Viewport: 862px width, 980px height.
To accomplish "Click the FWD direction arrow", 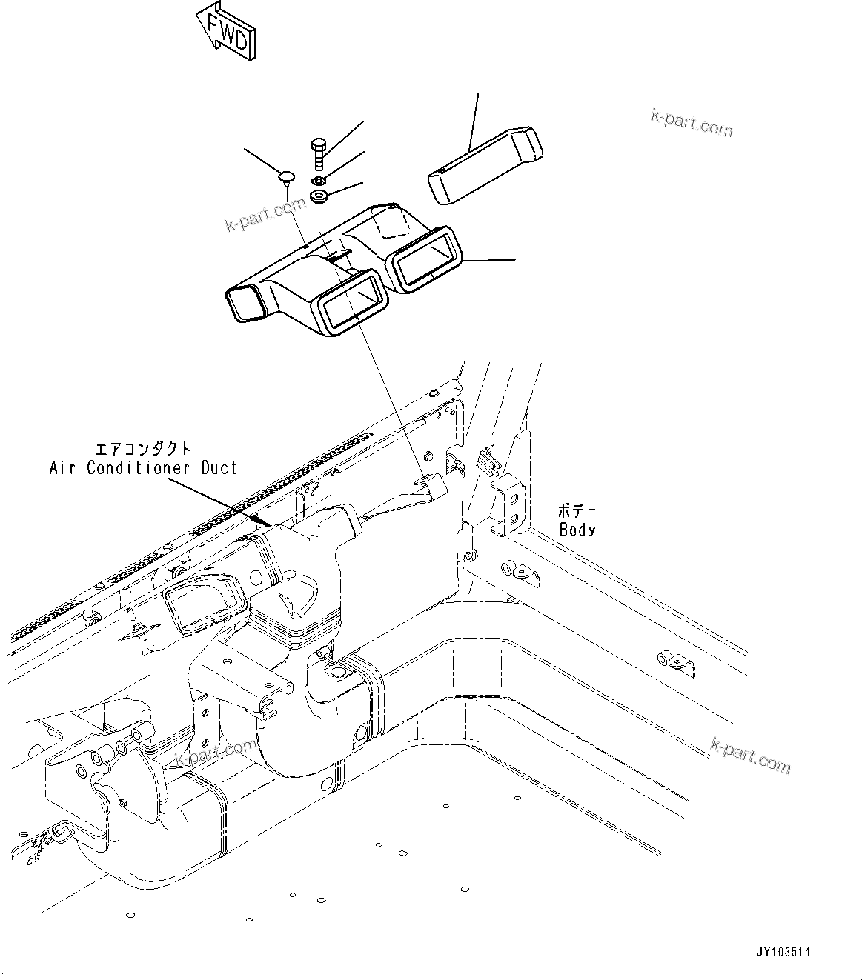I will click(227, 29).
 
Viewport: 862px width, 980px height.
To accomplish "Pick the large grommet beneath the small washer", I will click(319, 198).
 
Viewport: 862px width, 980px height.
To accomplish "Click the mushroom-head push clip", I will click(286, 176).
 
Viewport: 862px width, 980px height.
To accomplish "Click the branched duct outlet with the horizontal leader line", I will click(425, 257).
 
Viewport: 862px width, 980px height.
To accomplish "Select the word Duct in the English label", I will click(219, 468).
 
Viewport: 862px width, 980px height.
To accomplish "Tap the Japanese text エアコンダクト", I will click(143, 449).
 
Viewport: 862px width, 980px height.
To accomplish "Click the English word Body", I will click(577, 530).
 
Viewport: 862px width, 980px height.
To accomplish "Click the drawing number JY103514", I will click(783, 953).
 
